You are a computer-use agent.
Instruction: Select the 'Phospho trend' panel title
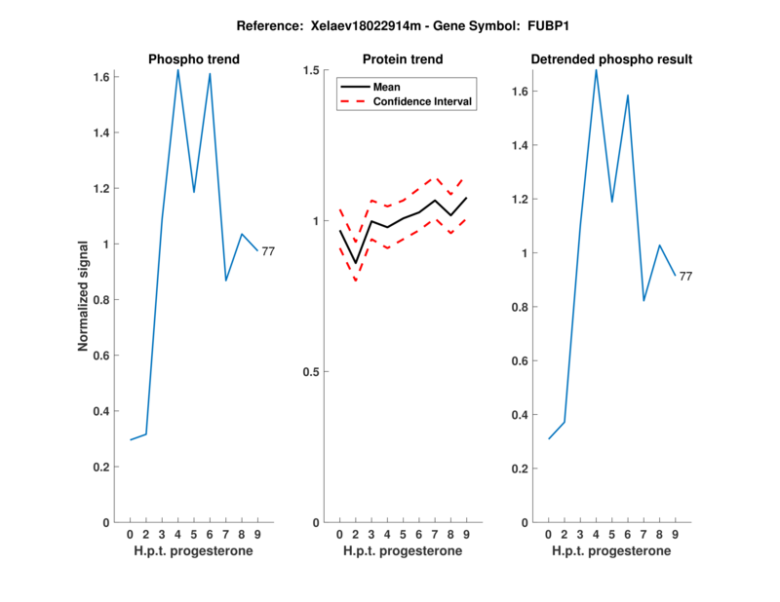coord(193,59)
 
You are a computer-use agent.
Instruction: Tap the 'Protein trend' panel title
coord(403,59)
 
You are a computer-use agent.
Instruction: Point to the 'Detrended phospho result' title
coord(611,59)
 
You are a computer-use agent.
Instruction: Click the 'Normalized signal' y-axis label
coord(86,298)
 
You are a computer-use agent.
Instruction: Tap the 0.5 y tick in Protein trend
coord(313,372)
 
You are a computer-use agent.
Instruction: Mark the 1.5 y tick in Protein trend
coord(313,70)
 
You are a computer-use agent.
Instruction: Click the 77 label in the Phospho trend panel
coord(268,251)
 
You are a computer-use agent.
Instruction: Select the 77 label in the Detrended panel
coord(685,277)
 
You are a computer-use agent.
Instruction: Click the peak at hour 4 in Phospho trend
coord(177,69)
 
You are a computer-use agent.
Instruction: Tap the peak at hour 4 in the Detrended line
coord(596,69)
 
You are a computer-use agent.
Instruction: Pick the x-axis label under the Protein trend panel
coord(403,551)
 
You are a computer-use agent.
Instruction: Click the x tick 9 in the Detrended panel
coord(675,534)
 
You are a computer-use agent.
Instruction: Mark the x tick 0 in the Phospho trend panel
coord(130,534)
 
